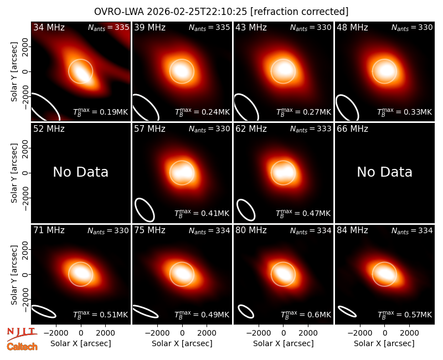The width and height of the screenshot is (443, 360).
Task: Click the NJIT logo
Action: click(x=22, y=333)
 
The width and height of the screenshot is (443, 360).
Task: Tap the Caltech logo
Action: click(x=22, y=347)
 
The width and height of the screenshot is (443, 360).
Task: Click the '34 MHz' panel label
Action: click(x=49, y=27)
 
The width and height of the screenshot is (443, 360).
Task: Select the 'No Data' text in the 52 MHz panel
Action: click(x=80, y=172)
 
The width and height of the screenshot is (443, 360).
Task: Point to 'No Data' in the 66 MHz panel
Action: click(x=384, y=172)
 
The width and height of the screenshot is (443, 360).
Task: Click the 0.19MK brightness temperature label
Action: click(x=101, y=112)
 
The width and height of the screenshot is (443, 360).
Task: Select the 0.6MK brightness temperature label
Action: click(x=306, y=315)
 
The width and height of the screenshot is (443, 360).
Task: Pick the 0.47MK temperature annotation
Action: click(x=303, y=213)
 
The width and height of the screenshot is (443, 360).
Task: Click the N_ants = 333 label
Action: click(x=311, y=129)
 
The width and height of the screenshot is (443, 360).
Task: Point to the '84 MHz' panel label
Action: click(x=352, y=230)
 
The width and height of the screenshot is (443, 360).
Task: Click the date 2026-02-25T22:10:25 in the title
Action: click(x=197, y=12)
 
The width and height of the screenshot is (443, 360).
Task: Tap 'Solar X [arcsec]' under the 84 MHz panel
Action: click(x=384, y=343)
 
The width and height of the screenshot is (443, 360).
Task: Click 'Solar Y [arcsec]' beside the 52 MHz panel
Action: click(x=14, y=173)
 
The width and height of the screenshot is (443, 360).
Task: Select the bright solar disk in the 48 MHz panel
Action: click(x=384, y=71)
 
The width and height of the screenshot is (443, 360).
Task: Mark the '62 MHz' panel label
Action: click(x=251, y=129)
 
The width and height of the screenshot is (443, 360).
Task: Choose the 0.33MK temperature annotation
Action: click(x=405, y=112)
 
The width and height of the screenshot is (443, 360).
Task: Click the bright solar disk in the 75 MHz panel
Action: click(x=182, y=274)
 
